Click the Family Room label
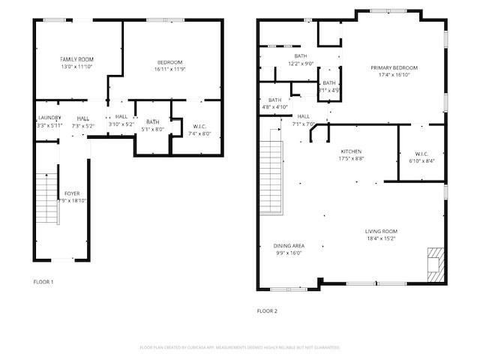click(76, 58)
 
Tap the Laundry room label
click(49, 118)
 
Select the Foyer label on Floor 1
click(72, 193)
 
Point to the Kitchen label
click(351, 151)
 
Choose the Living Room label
click(382, 231)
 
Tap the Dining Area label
click(289, 246)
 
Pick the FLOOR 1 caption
click(43, 282)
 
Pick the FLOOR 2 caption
click(267, 310)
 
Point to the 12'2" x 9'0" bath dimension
click(301, 64)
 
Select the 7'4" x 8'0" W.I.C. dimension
click(199, 134)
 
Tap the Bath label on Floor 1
click(153, 122)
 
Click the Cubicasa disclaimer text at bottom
click(240, 347)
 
